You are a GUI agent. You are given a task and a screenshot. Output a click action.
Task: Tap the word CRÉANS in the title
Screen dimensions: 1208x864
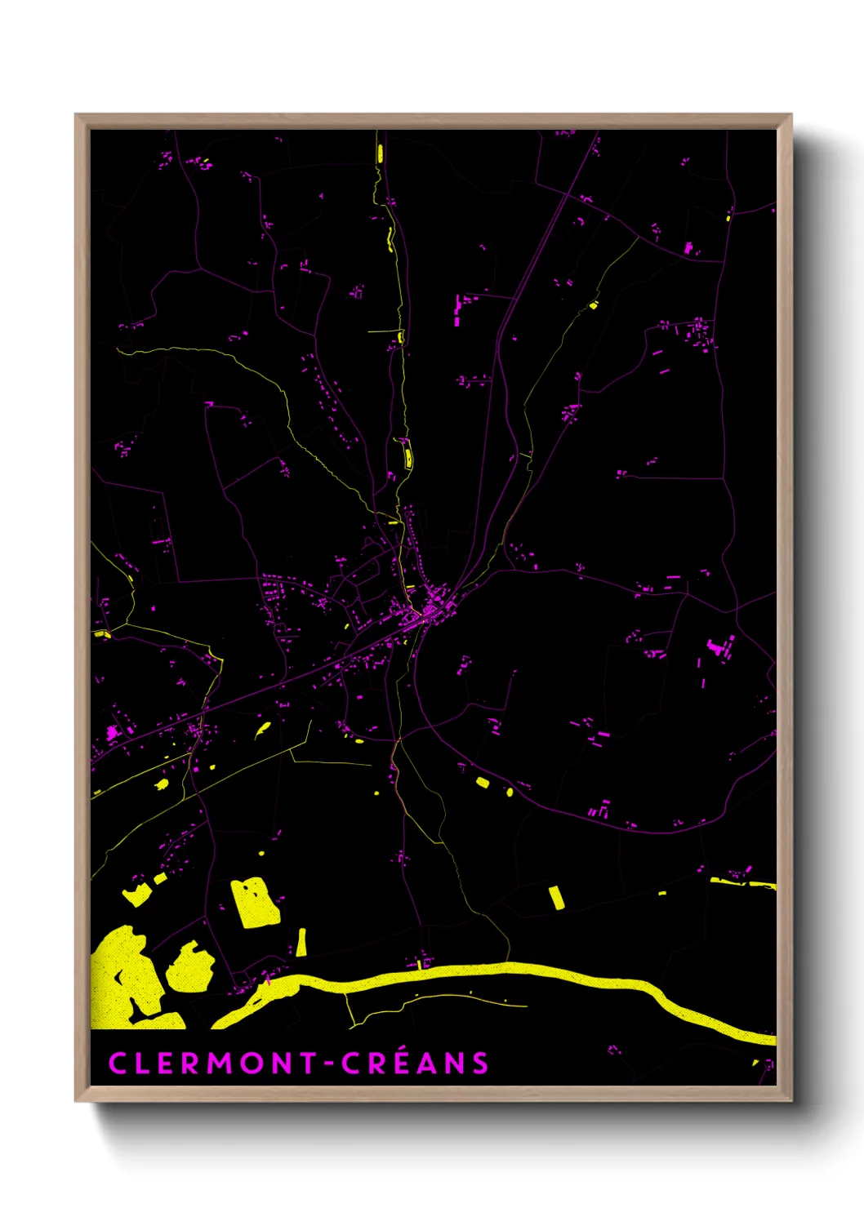point(415,1064)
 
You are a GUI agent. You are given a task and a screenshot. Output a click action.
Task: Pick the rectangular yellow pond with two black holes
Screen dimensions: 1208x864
point(255,903)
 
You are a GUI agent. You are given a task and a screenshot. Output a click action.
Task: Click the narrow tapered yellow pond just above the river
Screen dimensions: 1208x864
point(301,943)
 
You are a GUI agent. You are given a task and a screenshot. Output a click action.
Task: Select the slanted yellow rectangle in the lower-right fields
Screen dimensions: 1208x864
point(556,897)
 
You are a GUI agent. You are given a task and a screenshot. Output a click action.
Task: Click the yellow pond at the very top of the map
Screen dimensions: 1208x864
point(380,153)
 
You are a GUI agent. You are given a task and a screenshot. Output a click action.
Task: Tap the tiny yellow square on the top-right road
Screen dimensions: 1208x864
point(728,217)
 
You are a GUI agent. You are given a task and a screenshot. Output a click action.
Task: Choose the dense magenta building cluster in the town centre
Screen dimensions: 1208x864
point(430,608)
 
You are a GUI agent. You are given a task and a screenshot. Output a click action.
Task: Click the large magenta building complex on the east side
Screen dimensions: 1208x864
point(720,649)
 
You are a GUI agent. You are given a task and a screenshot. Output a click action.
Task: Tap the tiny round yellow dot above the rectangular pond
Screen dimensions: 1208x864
point(261,853)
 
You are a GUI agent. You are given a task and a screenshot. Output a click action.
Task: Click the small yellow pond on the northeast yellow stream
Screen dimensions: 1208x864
point(594,305)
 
